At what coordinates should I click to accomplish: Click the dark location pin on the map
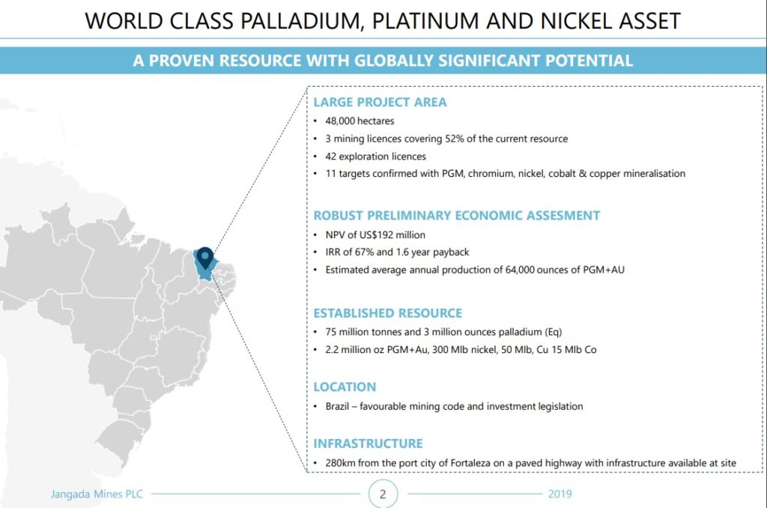coord(205,256)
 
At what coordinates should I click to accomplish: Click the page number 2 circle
coord(383,493)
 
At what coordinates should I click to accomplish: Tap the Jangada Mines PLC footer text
coord(97,494)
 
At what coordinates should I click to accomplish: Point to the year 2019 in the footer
coord(560,494)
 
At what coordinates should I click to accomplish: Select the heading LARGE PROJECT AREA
coord(380,103)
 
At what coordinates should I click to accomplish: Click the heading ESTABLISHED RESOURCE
coord(388,313)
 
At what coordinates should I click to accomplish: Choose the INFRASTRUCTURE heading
coord(369,444)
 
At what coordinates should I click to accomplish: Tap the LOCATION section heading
coord(345,387)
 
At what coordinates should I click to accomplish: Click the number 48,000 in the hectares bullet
coord(340,121)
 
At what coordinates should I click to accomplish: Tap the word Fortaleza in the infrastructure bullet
coord(470,463)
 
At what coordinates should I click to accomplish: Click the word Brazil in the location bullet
coord(337,406)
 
